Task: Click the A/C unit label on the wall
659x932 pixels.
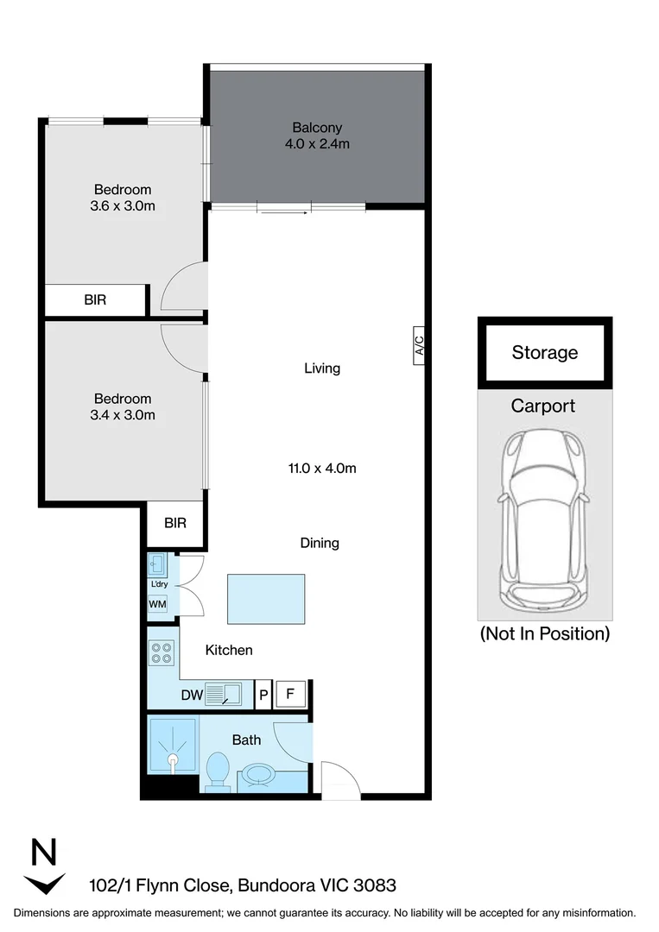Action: [419, 348]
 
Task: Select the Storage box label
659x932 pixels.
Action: [544, 352]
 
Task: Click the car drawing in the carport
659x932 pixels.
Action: [545, 518]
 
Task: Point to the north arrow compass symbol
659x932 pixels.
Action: [44, 867]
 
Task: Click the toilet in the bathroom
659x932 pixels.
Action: [218, 771]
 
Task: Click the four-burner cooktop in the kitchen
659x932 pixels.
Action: [162, 653]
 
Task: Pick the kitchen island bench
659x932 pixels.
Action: [266, 599]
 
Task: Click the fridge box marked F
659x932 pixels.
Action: [291, 693]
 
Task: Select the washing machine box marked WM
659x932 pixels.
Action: [157, 604]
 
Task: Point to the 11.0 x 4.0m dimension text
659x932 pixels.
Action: [322, 469]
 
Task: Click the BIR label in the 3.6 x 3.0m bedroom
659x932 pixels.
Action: [95, 300]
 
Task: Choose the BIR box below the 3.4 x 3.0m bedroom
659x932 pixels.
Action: [174, 523]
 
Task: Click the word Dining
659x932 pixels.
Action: [320, 543]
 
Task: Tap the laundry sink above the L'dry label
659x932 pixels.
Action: [157, 565]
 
